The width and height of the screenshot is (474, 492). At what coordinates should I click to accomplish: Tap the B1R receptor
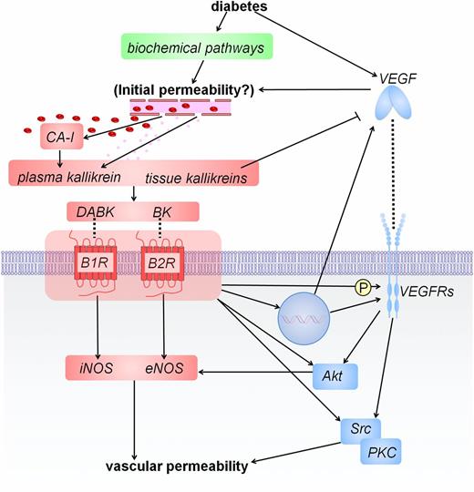(x=93, y=272)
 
